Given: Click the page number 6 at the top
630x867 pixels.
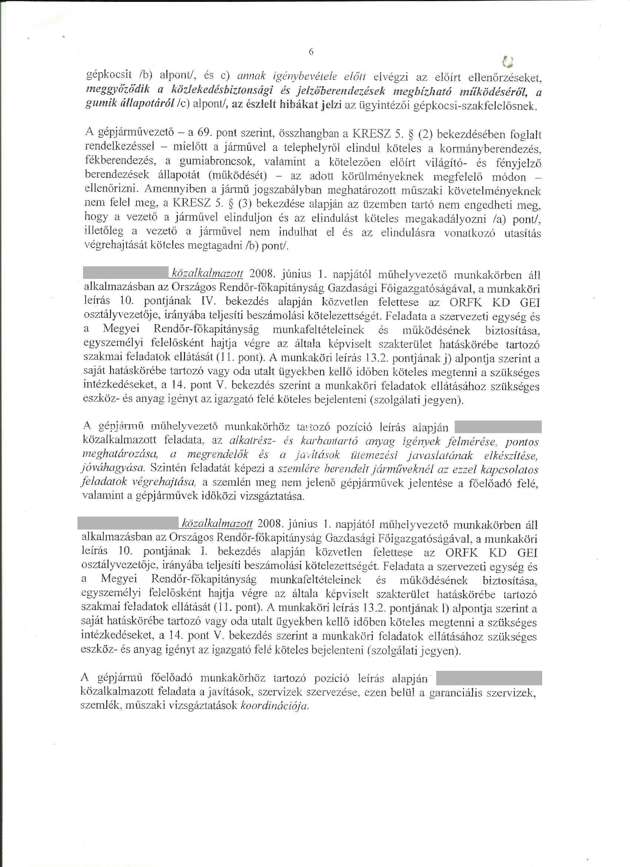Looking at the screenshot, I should (311, 52).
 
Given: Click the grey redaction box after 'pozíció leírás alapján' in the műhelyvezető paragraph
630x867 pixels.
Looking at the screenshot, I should (498, 427).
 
